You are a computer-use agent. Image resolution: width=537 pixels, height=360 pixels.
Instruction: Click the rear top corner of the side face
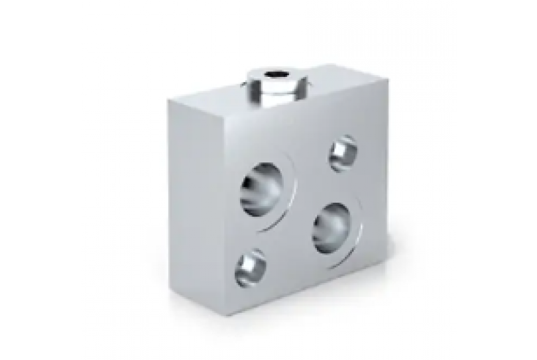pos(168,99)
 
